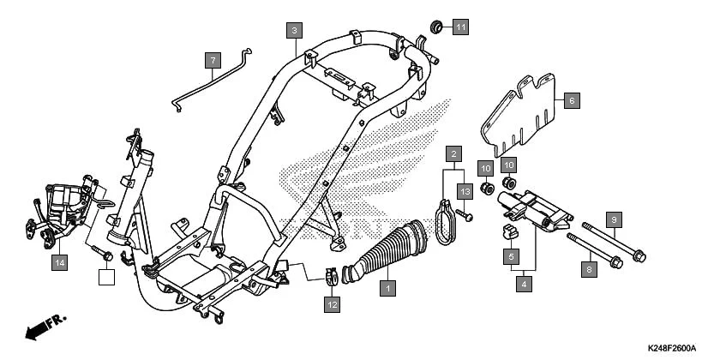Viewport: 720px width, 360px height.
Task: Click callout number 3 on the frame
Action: click(294, 31)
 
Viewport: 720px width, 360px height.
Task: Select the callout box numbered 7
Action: click(212, 61)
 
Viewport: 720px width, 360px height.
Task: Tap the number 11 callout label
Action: click(461, 27)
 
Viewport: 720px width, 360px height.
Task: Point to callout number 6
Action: click(572, 100)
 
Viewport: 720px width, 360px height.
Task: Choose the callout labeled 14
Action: click(58, 262)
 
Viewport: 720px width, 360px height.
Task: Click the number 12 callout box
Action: click(332, 303)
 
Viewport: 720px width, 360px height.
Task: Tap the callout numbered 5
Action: click(510, 255)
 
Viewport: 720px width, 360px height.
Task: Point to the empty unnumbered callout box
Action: click(105, 276)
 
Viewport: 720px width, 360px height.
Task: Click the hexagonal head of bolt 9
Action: click(639, 254)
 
